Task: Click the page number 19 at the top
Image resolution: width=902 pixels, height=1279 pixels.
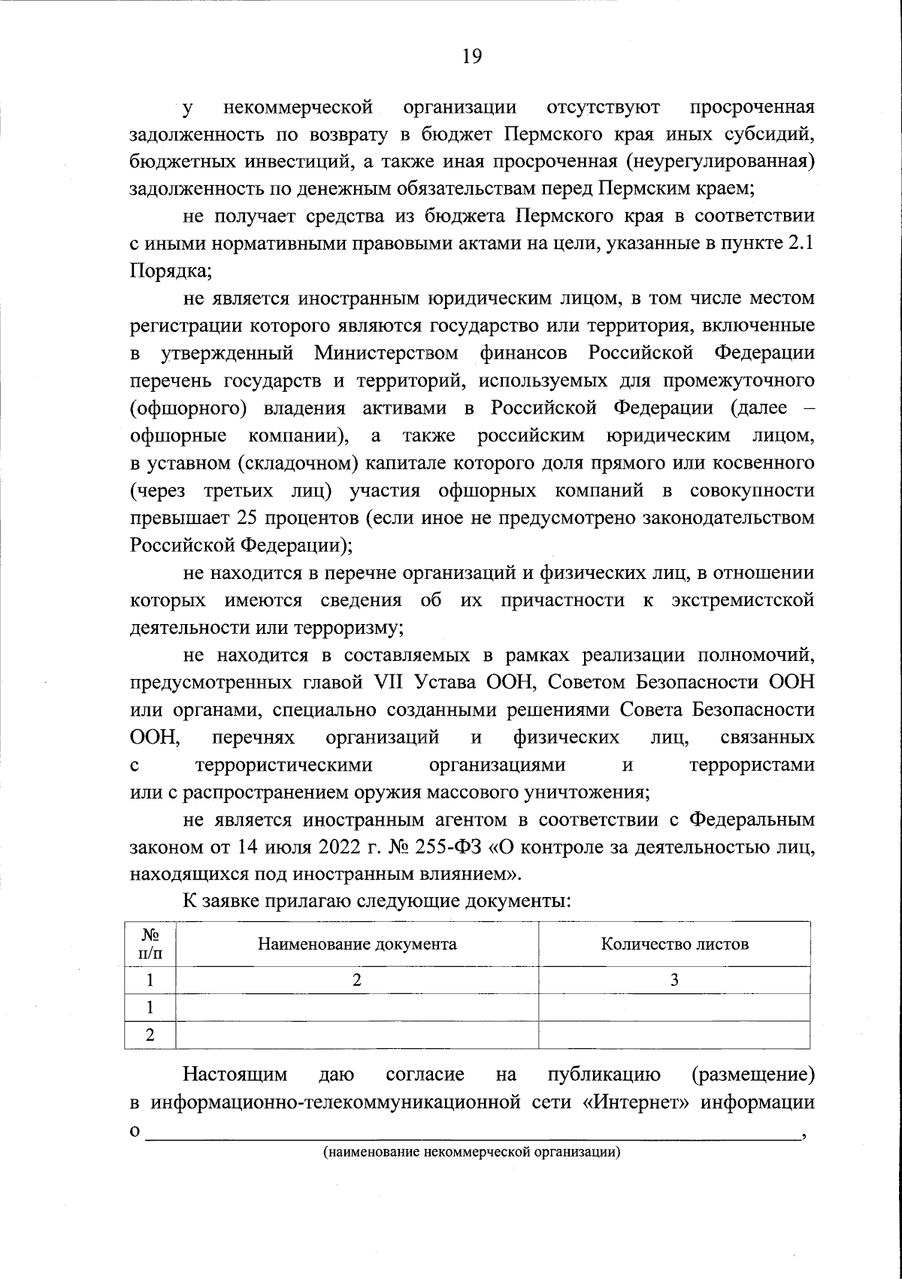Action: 472,57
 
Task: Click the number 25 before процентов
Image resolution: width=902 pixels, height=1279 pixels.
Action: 248,518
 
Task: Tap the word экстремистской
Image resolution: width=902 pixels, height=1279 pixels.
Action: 743,600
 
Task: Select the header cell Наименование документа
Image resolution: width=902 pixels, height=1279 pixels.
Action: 357,944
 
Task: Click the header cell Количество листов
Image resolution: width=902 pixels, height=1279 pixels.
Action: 674,944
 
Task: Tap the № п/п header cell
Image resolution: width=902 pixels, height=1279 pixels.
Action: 150,944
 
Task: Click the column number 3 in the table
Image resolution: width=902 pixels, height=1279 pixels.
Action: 674,980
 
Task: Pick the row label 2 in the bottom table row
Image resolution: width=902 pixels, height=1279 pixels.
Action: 150,1034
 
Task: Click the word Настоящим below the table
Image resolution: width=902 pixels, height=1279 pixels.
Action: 235,1075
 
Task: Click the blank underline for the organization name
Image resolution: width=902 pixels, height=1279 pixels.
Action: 474,1135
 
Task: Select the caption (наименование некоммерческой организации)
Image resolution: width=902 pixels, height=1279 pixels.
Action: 471,1153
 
